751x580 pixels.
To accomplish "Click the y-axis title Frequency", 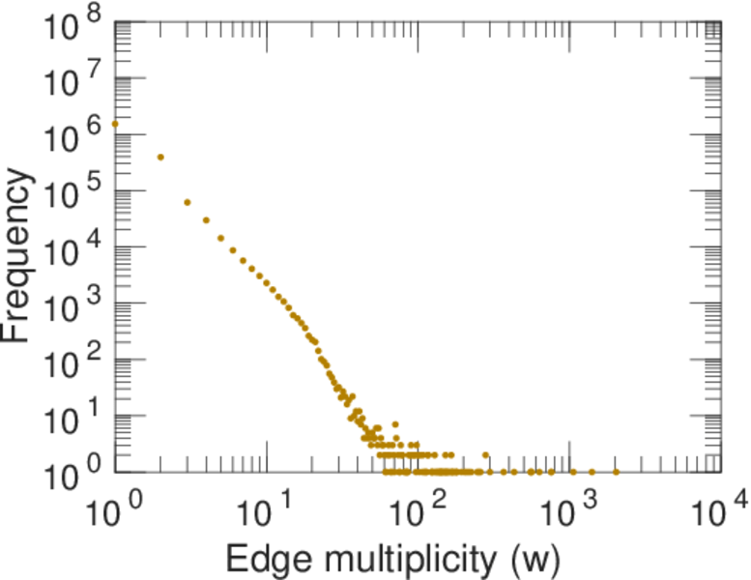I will [x=21, y=255].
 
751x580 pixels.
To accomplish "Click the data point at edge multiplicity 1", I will [x=115, y=124].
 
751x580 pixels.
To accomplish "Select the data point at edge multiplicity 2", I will [x=160, y=157].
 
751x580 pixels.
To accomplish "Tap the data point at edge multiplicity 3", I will [x=188, y=202].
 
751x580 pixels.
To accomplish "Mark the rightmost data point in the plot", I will [x=616, y=472].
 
